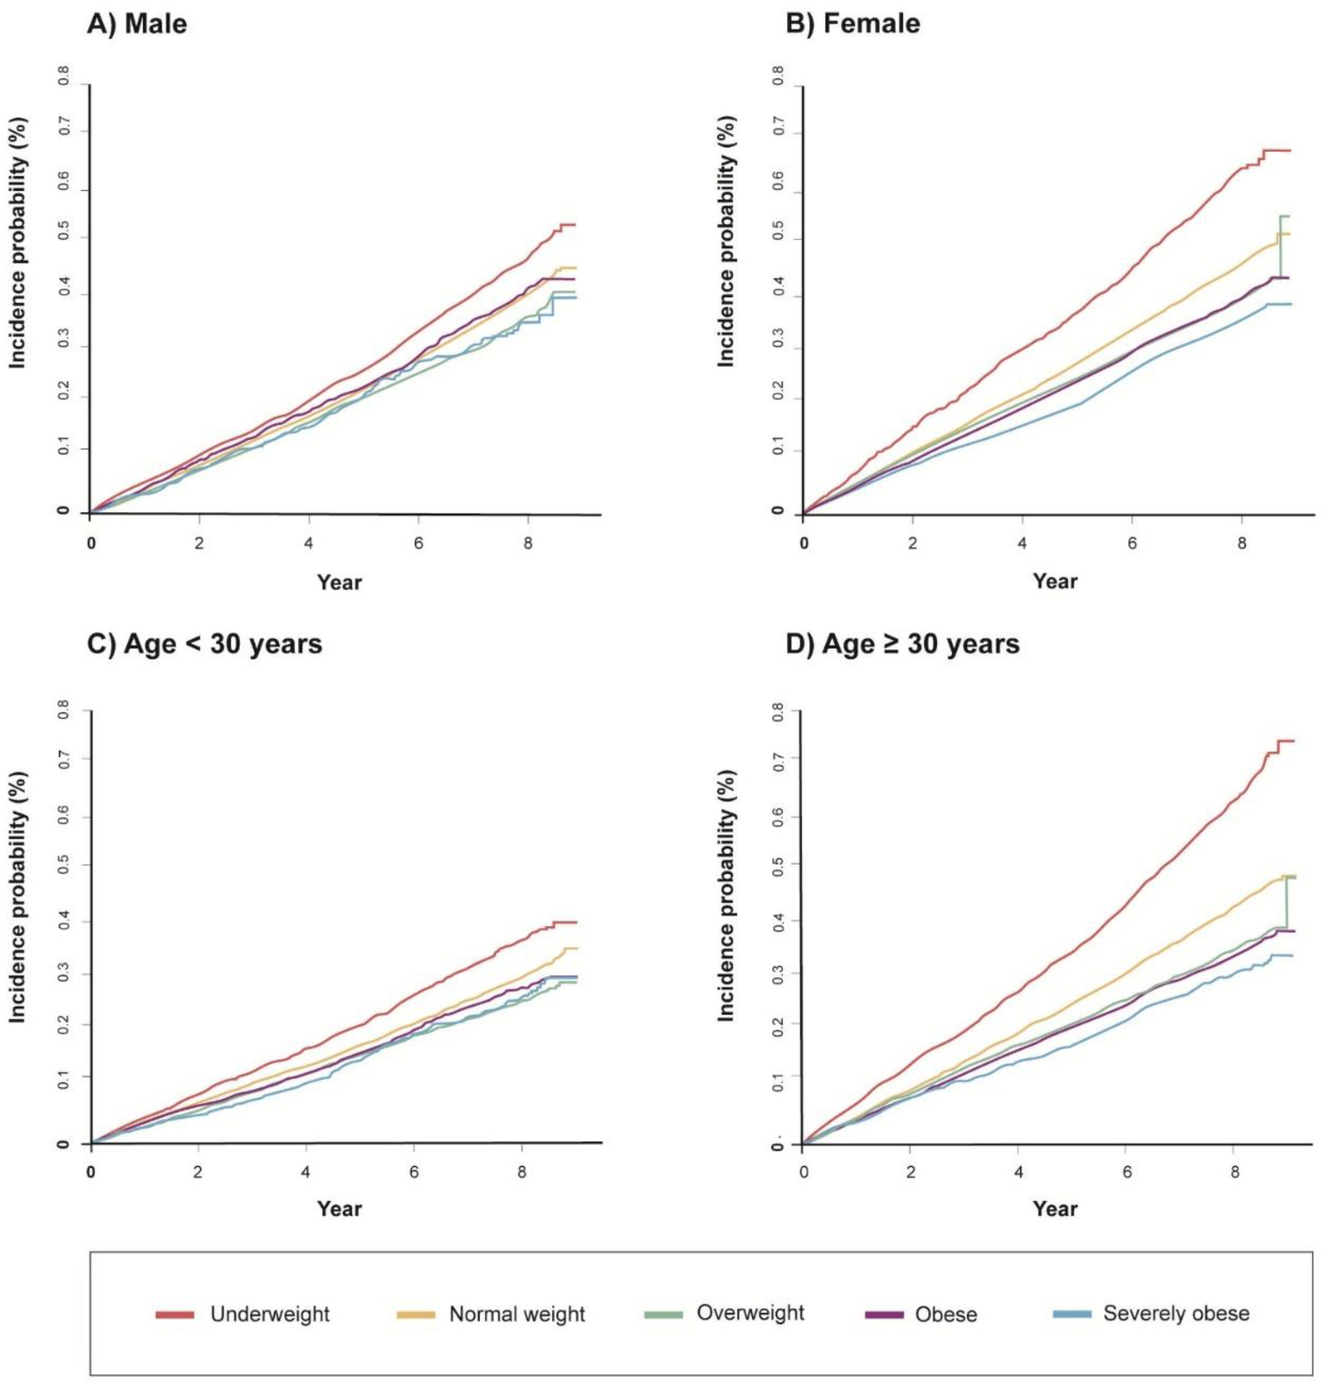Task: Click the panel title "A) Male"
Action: [137, 24]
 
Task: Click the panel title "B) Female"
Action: [854, 24]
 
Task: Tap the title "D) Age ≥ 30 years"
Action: [903, 644]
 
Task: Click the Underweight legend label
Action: [270, 1314]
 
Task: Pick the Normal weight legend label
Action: [518, 1314]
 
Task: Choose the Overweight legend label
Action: [751, 1313]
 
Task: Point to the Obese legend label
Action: [947, 1315]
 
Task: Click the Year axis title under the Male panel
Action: [339, 582]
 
